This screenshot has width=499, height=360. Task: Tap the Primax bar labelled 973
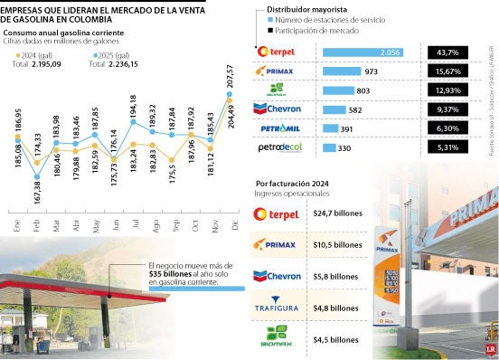pos(344,71)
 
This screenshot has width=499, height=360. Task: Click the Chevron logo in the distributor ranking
pos(278,109)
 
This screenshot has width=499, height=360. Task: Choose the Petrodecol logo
pos(278,147)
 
